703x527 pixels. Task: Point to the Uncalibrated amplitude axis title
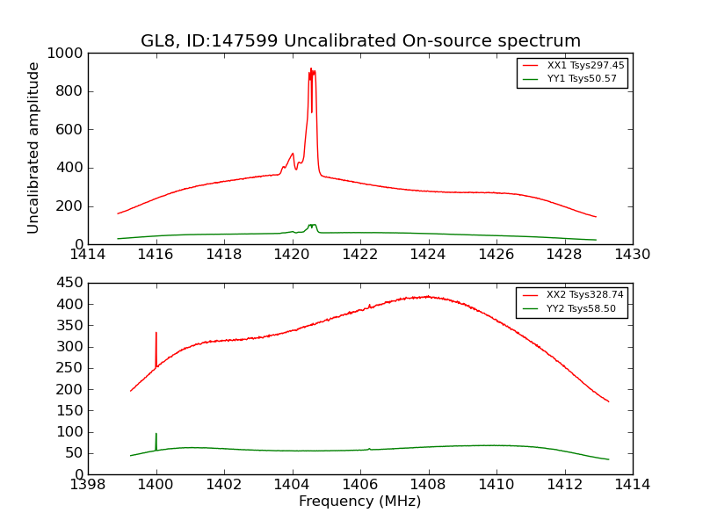(x=33, y=148)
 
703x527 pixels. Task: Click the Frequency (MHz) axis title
(x=360, y=502)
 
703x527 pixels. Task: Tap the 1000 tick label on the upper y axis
(x=66, y=53)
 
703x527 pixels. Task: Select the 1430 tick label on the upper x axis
(x=633, y=255)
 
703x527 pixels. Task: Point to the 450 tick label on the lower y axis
(x=69, y=283)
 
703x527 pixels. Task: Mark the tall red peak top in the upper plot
(x=311, y=71)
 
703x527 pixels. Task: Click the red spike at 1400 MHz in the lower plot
(x=156, y=334)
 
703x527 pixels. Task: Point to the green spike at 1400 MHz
(x=156, y=434)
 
